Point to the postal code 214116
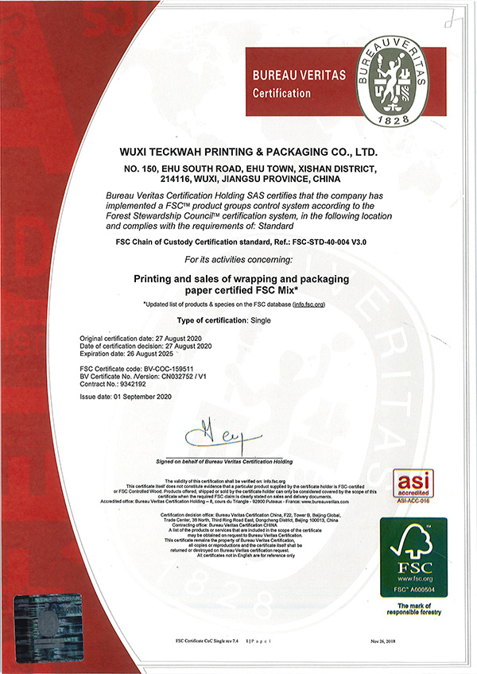point(180,180)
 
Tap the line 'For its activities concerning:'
point(238,260)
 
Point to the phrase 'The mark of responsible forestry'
point(413,608)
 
